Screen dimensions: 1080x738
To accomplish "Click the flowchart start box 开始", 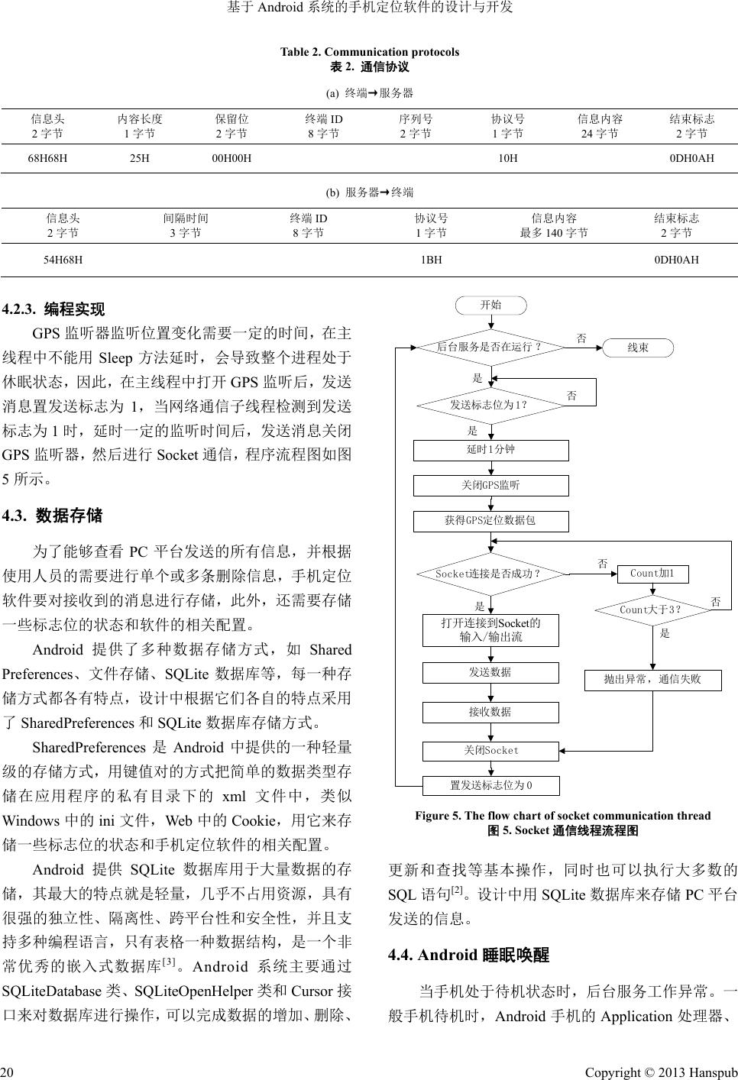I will click(491, 305).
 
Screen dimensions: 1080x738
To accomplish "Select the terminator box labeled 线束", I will click(638, 348).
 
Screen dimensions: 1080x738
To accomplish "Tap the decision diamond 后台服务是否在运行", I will click(490, 347).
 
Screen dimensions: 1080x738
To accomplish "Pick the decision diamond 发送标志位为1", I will click(490, 405).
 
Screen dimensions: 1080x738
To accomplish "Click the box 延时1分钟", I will click(490, 450).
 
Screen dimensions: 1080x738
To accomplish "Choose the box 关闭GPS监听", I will click(490, 485).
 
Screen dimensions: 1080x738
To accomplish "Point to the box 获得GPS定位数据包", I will click(490, 521).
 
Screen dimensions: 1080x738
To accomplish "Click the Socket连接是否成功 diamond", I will click(490, 573).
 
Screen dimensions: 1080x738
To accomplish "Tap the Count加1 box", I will click(652, 573).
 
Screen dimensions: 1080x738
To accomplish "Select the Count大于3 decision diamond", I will click(652, 610).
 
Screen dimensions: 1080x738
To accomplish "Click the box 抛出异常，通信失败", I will click(652, 679).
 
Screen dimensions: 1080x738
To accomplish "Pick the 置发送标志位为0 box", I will click(491, 785).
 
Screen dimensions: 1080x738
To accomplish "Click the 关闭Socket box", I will click(491, 750).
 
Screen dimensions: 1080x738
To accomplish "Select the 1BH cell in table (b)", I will click(432, 260).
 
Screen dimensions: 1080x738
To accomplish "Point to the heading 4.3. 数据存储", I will click(53, 516).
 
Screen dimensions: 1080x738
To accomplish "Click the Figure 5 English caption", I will click(562, 816).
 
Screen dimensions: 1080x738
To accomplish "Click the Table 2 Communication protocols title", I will click(370, 52).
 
